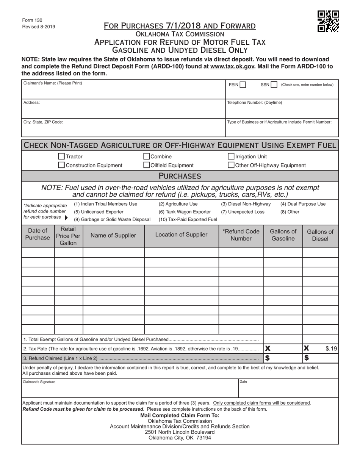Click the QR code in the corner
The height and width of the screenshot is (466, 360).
coord(328,21)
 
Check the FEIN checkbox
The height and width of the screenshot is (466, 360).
coord(243,85)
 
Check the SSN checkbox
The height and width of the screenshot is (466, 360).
coord(274,85)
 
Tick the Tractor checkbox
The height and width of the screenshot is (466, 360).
coord(61,156)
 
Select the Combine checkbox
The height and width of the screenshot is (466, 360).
coord(146,156)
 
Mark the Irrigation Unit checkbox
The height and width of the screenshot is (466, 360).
coord(231,156)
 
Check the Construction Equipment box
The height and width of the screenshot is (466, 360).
coord(61,165)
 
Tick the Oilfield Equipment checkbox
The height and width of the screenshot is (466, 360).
coord(146,165)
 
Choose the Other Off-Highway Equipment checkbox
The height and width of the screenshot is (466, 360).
coord(231,165)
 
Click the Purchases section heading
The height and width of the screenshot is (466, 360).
coord(180,176)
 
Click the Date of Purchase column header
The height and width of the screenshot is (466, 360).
coord(38,235)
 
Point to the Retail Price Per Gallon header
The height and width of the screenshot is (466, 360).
coord(68,235)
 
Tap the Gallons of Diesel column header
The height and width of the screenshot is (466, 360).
coord(320,235)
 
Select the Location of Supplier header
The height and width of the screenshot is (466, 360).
coord(181,235)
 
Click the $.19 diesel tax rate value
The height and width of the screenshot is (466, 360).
coord(331,349)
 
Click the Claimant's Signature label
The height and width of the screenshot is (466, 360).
coord(39,382)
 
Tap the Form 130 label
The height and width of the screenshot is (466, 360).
coord(32,20)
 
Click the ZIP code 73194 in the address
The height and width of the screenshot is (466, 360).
coord(203,438)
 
